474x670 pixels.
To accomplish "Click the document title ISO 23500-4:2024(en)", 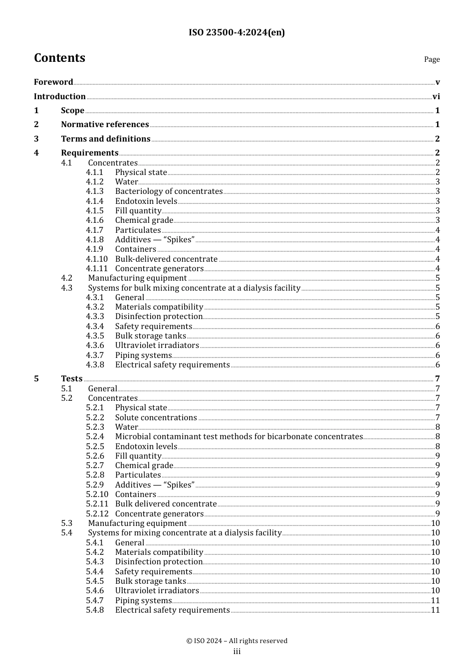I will pyautogui.click(x=237, y=33).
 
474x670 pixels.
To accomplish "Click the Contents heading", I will pyautogui.click(x=59, y=58).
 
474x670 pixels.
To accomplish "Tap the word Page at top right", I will pyautogui.click(x=432, y=59).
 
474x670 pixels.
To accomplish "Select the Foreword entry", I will pyautogui.click(x=53, y=82).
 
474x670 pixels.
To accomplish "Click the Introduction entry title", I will pyautogui.click(x=60, y=97).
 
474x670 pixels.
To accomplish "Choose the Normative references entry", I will pyautogui.click(x=105, y=125).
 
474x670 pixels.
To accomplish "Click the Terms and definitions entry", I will pyautogui.click(x=106, y=139).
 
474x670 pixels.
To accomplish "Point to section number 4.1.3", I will pyautogui.click(x=94, y=191).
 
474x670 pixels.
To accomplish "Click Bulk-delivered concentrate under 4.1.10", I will pyautogui.click(x=166, y=259).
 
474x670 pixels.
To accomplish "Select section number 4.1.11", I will pyautogui.click(x=96, y=269).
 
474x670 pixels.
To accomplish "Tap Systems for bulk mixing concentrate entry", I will pyautogui.click(x=194, y=288).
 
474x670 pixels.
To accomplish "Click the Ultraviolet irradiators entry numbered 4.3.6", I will pyautogui.click(x=157, y=345).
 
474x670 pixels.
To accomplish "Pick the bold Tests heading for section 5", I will pyautogui.click(x=71, y=379).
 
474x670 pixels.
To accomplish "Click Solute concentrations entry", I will pyautogui.click(x=156, y=418).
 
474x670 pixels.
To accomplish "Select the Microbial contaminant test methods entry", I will pyautogui.click(x=238, y=437).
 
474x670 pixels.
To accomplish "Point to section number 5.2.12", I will pyautogui.click(x=97, y=514).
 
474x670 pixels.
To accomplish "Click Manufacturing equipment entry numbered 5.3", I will pyautogui.click(x=137, y=523).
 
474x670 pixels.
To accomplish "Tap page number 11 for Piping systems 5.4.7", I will pyautogui.click(x=435, y=601).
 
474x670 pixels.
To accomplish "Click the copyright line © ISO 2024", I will pyautogui.click(x=237, y=641).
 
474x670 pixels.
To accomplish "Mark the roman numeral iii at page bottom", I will pyautogui.click(x=237, y=652).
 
